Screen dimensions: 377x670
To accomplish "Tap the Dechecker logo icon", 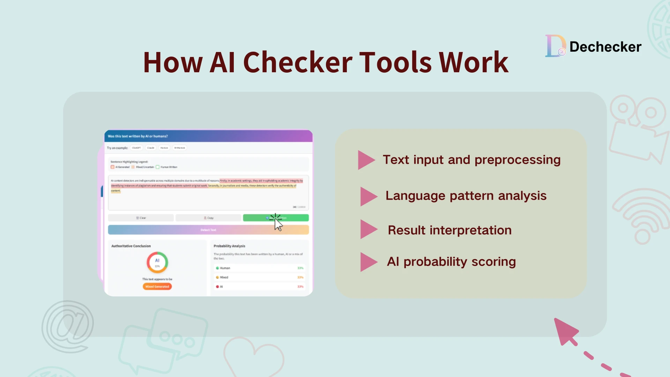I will click(x=555, y=46).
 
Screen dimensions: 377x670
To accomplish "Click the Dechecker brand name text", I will click(x=605, y=47).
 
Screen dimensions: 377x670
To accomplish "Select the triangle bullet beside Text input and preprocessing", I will click(x=365, y=160).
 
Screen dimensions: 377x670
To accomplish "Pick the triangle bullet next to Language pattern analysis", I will click(x=368, y=196).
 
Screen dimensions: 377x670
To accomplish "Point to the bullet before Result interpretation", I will click(x=368, y=229).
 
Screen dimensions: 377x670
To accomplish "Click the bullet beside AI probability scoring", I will click(x=368, y=262).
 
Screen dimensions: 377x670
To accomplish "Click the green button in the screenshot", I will click(x=276, y=218).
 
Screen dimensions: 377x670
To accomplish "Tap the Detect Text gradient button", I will click(x=208, y=230).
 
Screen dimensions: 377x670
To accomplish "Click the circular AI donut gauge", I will click(x=157, y=262).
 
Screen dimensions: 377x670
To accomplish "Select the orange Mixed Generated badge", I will click(x=157, y=287).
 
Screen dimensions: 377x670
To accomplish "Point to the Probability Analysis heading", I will click(x=229, y=246).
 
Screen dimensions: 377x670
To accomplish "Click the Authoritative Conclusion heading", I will click(x=131, y=246).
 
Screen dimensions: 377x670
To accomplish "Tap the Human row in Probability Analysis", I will click(x=260, y=268).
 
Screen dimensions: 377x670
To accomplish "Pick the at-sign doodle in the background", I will click(x=68, y=327).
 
